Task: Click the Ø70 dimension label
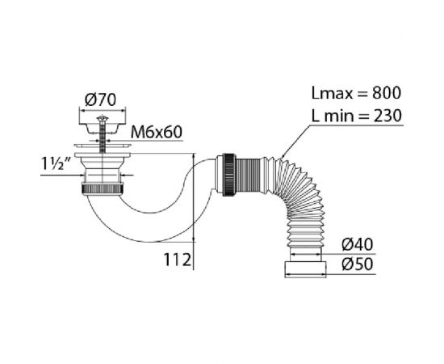(x=100, y=99)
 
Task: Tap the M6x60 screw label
(x=157, y=132)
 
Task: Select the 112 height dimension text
(x=178, y=260)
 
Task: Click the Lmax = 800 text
(x=356, y=93)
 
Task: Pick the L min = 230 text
(x=357, y=116)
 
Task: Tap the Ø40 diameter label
(x=358, y=244)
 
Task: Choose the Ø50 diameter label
(x=358, y=265)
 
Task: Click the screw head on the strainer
(x=103, y=118)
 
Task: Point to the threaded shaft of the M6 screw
(x=103, y=138)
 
